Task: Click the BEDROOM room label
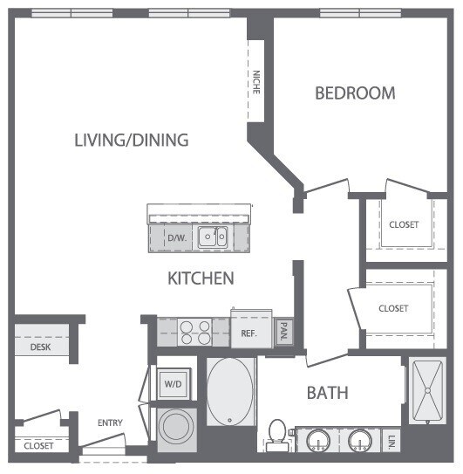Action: pos(355,93)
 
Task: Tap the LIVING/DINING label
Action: pos(132,141)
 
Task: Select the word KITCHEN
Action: pos(201,278)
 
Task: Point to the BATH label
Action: pos(327,393)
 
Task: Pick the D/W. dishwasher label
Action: pos(176,237)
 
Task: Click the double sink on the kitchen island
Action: pos(212,237)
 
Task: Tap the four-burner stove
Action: pos(194,332)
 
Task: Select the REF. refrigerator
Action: pos(247,333)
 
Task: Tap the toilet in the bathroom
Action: pos(277,436)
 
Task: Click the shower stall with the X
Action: pos(430,390)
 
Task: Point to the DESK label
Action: pos(39,347)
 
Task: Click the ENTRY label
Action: pos(110,423)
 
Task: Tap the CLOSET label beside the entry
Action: pos(38,445)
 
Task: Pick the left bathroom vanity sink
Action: pos(317,438)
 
